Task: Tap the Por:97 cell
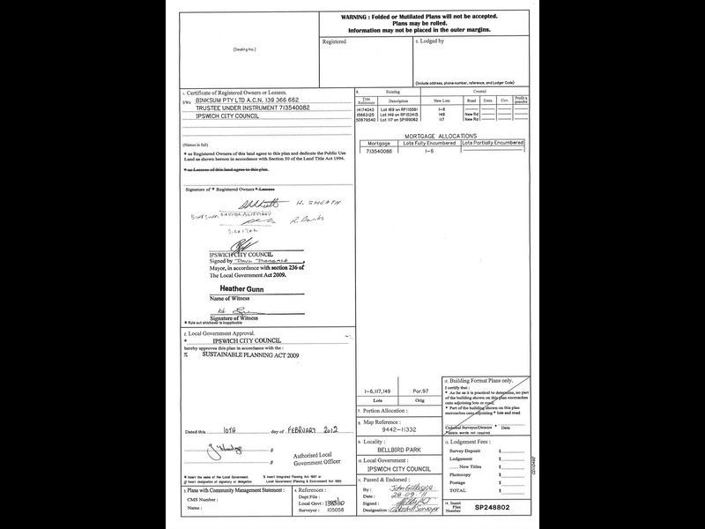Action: click(421, 391)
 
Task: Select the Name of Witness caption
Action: click(227, 299)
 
